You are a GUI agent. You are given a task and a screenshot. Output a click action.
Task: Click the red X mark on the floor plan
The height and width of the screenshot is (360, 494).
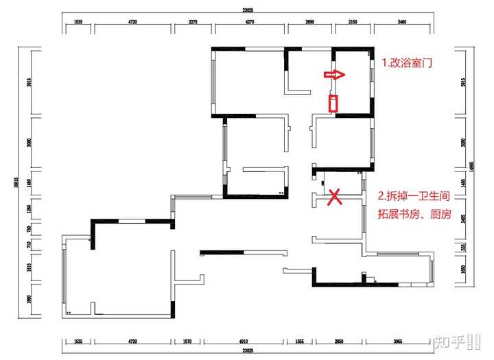335,197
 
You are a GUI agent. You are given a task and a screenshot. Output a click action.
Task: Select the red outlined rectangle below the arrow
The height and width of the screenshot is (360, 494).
333,104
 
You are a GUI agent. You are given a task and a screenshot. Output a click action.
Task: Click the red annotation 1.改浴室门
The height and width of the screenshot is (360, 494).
410,62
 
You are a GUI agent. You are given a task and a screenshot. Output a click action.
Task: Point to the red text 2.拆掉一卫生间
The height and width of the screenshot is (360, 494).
414,195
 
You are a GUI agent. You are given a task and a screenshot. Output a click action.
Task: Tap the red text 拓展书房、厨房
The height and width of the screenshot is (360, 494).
414,213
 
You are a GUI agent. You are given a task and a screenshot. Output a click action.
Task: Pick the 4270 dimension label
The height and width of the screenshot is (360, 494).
250,23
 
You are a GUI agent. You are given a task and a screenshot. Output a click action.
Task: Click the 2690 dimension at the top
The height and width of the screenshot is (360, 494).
309,23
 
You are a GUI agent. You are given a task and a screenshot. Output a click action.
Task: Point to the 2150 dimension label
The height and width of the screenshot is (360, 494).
353,23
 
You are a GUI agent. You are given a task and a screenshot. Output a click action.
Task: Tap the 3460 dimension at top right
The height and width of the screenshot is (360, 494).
401,23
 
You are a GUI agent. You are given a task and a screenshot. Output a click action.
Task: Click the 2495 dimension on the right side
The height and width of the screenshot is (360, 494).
464,218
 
